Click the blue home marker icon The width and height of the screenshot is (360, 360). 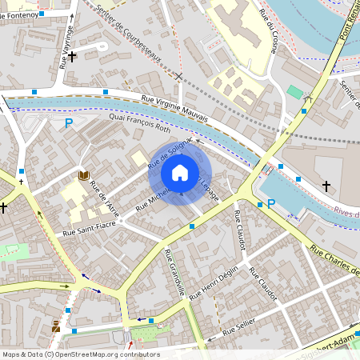click(180, 173)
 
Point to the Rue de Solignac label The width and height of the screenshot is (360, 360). click(170, 151)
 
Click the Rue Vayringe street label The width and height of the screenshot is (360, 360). click(66, 46)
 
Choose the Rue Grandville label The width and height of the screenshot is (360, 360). click(174, 272)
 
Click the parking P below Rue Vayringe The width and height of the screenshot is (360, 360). click(69, 123)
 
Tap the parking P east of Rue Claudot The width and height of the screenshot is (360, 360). click(271, 203)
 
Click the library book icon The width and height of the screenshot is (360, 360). click(84, 176)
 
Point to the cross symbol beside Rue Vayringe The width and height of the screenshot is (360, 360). click(72, 56)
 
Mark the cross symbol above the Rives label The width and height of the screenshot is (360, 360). click(326, 186)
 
